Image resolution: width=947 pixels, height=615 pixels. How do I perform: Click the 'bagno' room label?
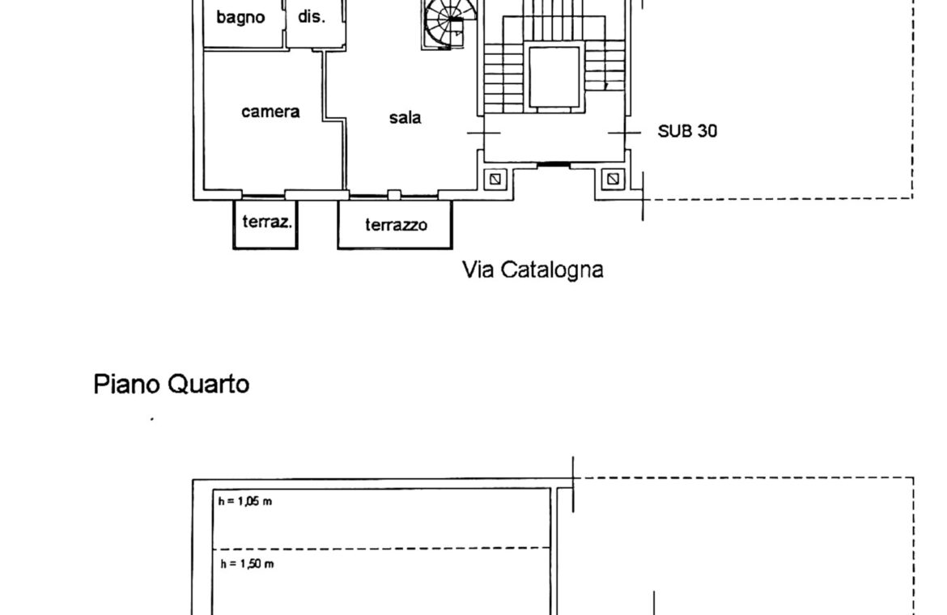(x=240, y=18)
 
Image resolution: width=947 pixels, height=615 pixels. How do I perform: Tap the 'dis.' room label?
(x=312, y=16)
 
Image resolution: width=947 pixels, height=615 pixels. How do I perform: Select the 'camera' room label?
(x=270, y=112)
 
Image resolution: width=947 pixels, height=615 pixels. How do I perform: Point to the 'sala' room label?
(x=405, y=117)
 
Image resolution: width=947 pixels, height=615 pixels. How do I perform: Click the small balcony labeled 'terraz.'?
(x=265, y=223)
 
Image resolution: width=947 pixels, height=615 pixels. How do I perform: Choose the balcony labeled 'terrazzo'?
(x=395, y=224)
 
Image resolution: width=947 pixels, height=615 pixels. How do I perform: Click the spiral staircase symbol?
(x=449, y=24)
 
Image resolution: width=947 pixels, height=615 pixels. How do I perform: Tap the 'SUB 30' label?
(x=687, y=131)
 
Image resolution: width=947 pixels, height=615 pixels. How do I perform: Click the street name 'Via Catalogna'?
(x=533, y=269)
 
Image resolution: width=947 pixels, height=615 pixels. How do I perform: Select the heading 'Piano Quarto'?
(x=172, y=384)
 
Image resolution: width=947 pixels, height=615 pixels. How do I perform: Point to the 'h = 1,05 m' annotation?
(x=245, y=501)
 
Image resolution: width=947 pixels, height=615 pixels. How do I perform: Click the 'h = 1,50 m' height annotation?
(x=247, y=564)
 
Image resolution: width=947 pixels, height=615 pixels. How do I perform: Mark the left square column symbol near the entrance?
(x=495, y=179)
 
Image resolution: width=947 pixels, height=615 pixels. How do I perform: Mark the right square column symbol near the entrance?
(x=613, y=179)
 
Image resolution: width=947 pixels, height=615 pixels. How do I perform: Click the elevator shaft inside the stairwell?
(x=554, y=77)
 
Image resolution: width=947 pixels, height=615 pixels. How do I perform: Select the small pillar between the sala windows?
(x=394, y=194)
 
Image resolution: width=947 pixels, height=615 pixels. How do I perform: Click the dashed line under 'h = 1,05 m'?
(x=382, y=548)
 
